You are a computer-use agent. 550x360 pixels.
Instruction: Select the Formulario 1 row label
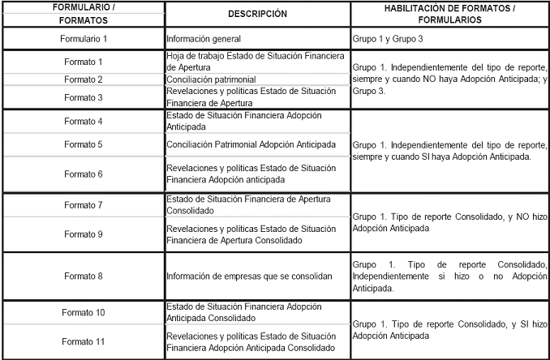[83, 38]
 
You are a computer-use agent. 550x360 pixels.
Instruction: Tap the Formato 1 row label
[83, 62]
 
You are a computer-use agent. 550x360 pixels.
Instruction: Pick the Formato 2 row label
[83, 79]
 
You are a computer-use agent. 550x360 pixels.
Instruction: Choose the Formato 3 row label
[83, 97]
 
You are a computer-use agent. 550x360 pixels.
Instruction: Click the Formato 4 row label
[83, 121]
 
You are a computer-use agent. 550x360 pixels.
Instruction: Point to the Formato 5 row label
[83, 144]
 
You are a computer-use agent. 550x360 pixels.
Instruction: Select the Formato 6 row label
[83, 174]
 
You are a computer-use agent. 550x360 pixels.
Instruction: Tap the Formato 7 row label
[83, 204]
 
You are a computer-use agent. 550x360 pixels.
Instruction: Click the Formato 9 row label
[83, 234]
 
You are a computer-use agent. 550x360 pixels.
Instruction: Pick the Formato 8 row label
[83, 276]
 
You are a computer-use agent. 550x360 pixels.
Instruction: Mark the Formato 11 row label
[83, 341]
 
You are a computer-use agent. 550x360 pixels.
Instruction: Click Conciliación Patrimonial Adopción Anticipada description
[251, 144]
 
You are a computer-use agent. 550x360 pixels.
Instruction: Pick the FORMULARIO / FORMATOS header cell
[83, 14]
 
